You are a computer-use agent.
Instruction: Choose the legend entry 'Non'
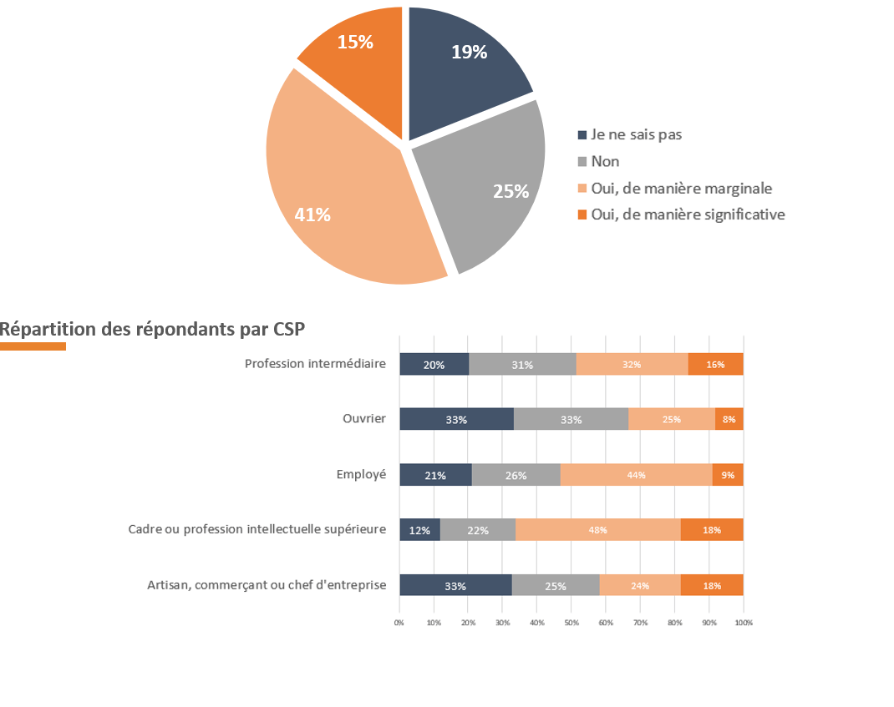605,161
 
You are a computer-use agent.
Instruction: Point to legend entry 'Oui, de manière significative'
688,215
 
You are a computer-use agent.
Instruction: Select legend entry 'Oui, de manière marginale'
681,188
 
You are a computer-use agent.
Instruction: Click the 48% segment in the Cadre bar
597,530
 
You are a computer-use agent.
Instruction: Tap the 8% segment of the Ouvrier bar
729,419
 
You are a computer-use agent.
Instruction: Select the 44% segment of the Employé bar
636,475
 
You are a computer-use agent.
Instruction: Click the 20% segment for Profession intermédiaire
434,365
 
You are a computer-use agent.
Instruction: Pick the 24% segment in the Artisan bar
640,585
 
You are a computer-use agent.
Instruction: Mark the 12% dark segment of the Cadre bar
419,530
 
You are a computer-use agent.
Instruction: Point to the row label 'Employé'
361,474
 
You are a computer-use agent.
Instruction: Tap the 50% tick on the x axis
571,623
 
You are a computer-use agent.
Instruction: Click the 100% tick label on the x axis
743,623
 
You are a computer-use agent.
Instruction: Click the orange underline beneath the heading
33,346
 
